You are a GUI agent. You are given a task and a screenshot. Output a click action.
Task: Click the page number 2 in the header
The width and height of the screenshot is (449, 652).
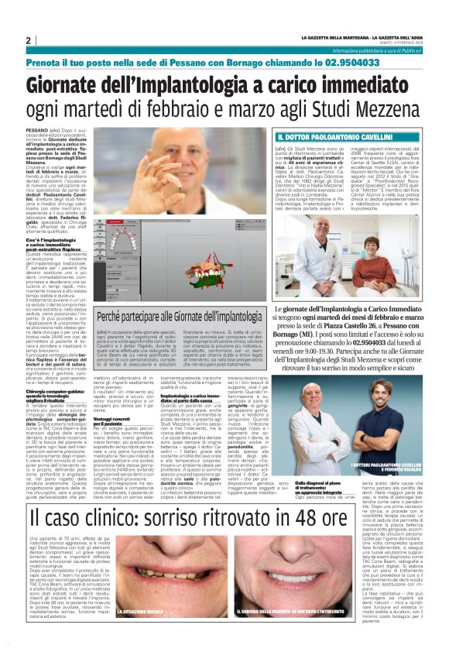[28, 40]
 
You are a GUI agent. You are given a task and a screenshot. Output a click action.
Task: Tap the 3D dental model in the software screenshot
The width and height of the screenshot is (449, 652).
[208, 241]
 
